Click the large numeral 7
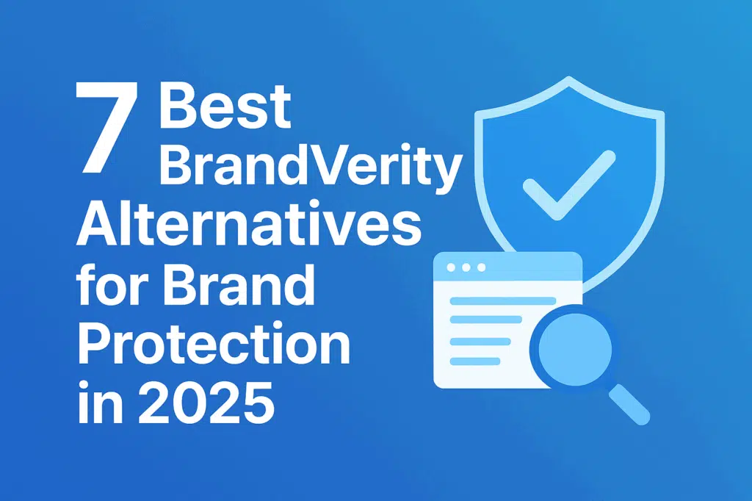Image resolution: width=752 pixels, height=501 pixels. point(106,128)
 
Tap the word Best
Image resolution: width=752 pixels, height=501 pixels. point(225,106)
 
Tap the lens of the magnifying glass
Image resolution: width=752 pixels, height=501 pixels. point(575,348)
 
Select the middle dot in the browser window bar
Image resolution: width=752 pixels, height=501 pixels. point(466,267)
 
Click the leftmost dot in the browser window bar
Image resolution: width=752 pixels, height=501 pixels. point(451,267)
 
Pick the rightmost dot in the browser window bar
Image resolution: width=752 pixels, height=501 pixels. point(481,267)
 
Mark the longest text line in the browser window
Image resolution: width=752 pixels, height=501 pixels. point(502,301)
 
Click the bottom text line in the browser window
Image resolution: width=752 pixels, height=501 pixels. point(475,361)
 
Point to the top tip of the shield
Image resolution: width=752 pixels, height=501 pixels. point(569,77)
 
